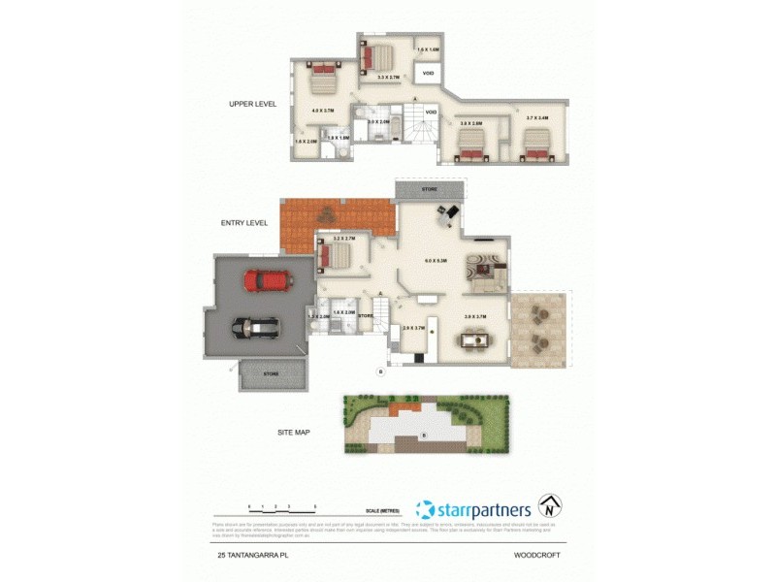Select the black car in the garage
point(255,329)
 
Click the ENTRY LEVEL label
point(243,223)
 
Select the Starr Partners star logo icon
point(424,509)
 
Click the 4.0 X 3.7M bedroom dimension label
point(322,111)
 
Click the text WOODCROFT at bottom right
point(541,555)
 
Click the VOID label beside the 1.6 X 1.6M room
point(428,73)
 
